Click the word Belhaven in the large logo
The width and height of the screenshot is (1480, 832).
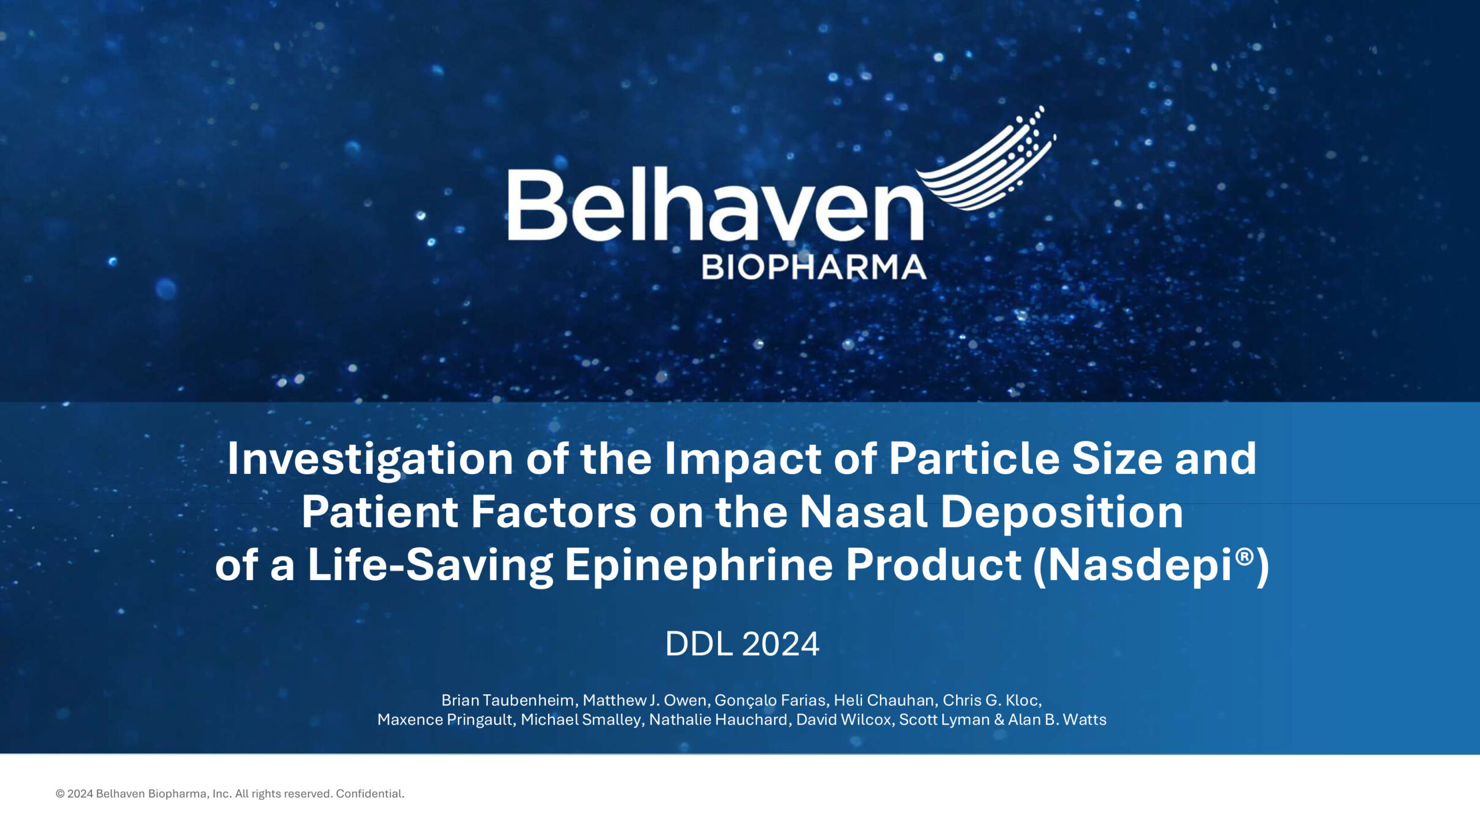[716, 205]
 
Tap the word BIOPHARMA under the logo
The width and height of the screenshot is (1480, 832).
[814, 268]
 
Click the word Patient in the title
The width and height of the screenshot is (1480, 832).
[380, 512]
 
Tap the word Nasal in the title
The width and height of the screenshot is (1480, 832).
[864, 512]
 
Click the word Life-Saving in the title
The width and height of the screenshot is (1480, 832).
[430, 566]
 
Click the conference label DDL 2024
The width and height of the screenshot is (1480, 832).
[742, 644]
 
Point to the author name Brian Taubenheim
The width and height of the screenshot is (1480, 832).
[508, 700]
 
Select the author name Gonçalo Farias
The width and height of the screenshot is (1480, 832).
[770, 701]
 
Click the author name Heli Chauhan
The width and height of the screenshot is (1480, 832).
[884, 700]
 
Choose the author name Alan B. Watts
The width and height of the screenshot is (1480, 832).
[1057, 719]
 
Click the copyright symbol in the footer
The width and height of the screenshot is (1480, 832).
[60, 794]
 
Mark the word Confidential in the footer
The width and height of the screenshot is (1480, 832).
[370, 794]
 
